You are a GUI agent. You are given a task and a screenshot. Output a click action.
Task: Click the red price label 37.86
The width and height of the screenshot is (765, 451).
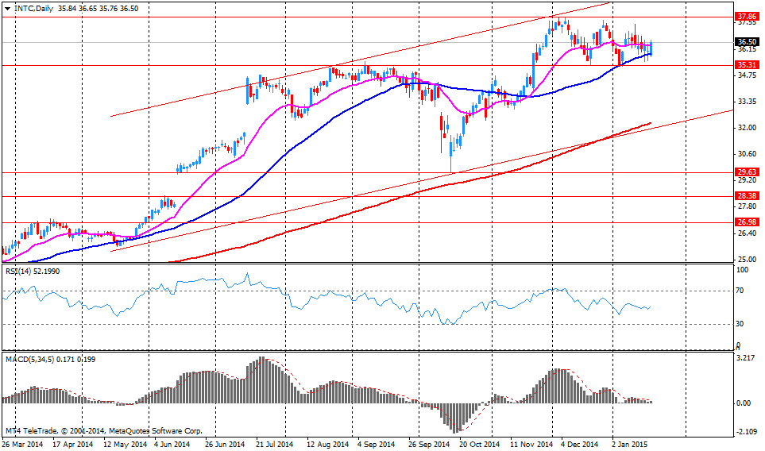746,16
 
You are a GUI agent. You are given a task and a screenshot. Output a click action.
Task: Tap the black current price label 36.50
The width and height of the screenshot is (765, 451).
746,42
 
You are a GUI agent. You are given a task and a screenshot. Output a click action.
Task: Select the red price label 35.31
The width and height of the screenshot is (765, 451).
746,65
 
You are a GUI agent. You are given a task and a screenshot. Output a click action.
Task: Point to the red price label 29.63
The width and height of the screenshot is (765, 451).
746,172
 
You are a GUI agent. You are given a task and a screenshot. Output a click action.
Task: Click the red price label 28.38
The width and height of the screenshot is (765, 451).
746,195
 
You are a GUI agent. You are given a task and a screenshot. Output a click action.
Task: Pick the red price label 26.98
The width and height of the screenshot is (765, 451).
746,222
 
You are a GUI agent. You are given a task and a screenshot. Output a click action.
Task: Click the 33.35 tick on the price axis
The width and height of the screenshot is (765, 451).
745,102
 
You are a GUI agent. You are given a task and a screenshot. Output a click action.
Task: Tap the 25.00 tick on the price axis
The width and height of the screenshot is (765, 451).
745,259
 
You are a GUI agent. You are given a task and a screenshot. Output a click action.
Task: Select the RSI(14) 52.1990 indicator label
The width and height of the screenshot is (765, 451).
32,272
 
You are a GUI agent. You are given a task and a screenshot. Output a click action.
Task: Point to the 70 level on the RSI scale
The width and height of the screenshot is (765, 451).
740,291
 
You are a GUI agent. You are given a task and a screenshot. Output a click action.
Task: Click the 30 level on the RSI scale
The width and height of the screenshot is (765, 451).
740,323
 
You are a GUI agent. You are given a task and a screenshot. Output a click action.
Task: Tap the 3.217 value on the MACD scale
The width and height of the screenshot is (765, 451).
744,358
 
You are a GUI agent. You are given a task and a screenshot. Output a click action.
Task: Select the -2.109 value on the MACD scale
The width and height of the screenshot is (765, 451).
744,432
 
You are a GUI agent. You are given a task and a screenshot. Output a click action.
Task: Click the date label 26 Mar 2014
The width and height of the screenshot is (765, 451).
22,444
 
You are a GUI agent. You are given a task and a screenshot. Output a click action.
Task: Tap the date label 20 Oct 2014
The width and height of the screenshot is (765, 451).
479,444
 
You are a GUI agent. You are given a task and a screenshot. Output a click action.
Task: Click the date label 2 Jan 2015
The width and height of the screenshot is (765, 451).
632,444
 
